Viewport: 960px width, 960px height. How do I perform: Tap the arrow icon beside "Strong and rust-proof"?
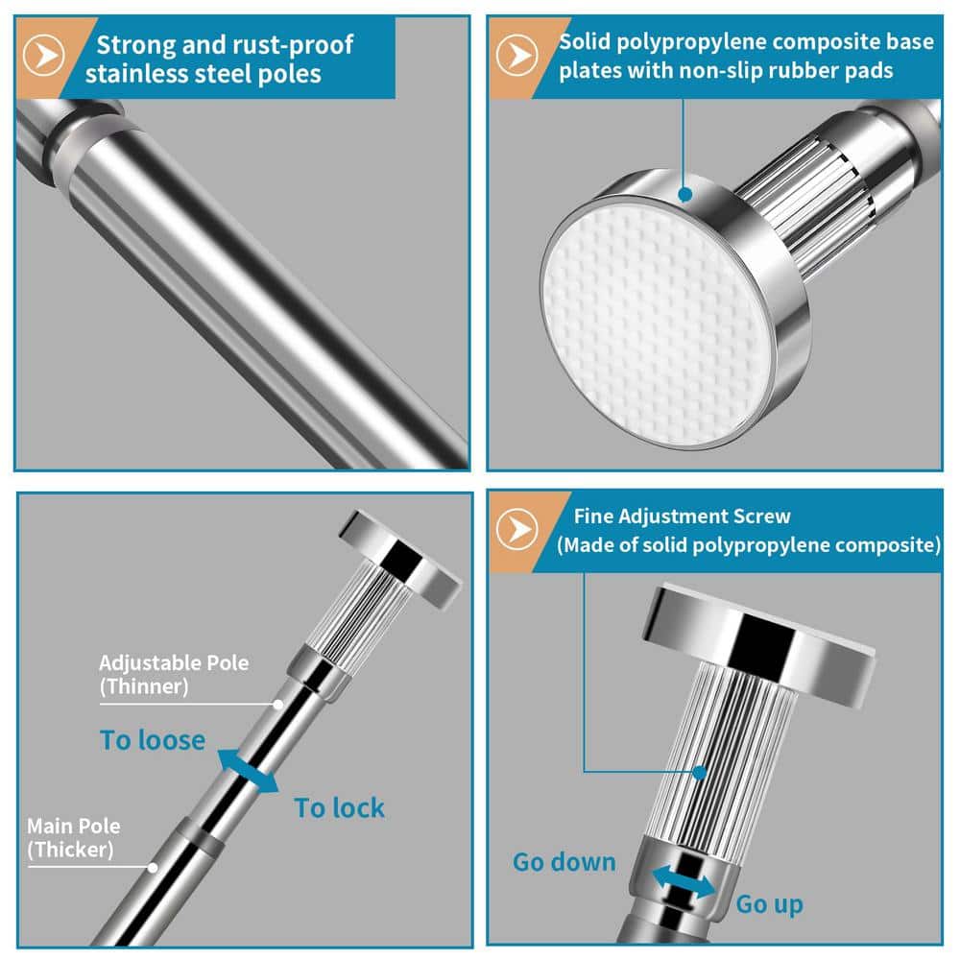coord(43,55)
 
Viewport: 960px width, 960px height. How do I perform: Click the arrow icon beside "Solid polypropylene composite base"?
coord(516,55)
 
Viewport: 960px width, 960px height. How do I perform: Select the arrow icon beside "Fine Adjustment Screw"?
coord(516,528)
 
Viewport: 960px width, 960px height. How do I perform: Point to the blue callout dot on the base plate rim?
coord(685,195)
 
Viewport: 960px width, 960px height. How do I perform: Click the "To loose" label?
coord(153,740)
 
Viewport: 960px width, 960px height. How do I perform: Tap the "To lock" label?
coord(339,807)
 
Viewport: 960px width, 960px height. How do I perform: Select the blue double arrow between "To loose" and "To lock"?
coord(248,771)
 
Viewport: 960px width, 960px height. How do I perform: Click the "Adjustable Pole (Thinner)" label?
coord(174,674)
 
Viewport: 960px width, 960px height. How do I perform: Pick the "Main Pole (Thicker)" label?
coord(74,837)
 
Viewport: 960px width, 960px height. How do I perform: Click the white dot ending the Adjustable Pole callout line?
coord(278,705)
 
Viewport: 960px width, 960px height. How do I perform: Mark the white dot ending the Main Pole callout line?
coord(153,868)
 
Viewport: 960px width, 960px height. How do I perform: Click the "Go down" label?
coord(564,862)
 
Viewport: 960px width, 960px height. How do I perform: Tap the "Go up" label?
coord(770,904)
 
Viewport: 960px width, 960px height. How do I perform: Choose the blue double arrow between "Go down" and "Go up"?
coord(683,882)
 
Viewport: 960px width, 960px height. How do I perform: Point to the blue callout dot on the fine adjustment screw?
coord(699,773)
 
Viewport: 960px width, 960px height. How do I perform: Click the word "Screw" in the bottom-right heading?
coord(761,516)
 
